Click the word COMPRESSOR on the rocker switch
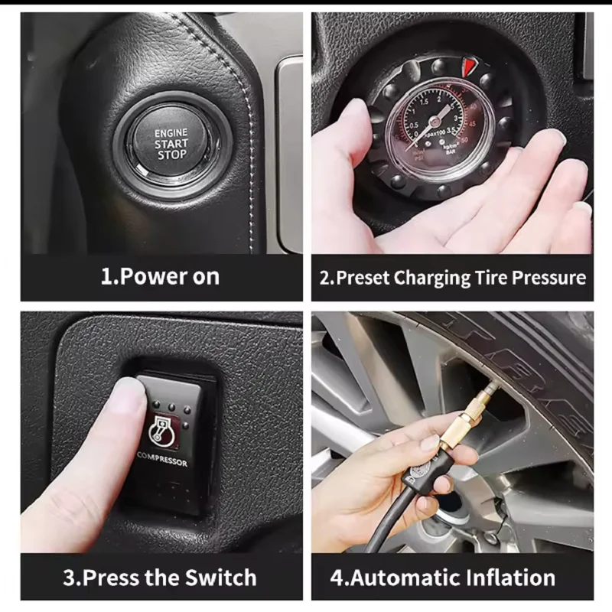pos(162,461)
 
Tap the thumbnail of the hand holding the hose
pos(431,442)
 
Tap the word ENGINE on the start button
pos(171,132)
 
